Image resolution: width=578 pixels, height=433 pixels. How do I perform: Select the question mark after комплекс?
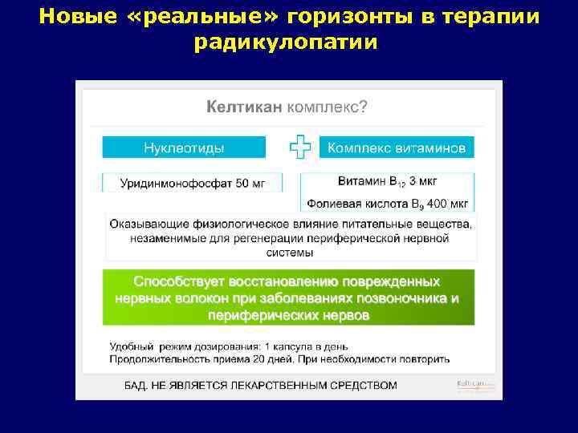(364, 106)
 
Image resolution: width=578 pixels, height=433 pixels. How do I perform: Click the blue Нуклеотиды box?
(184, 148)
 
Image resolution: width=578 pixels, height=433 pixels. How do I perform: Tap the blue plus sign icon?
(299, 148)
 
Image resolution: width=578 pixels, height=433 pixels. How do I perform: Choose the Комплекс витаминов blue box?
(397, 148)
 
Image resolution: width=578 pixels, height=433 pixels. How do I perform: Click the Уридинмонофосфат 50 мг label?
(192, 184)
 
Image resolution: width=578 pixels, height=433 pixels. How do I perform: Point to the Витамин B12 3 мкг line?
(388, 180)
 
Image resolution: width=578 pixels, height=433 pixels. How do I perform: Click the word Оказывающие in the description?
(149, 225)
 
